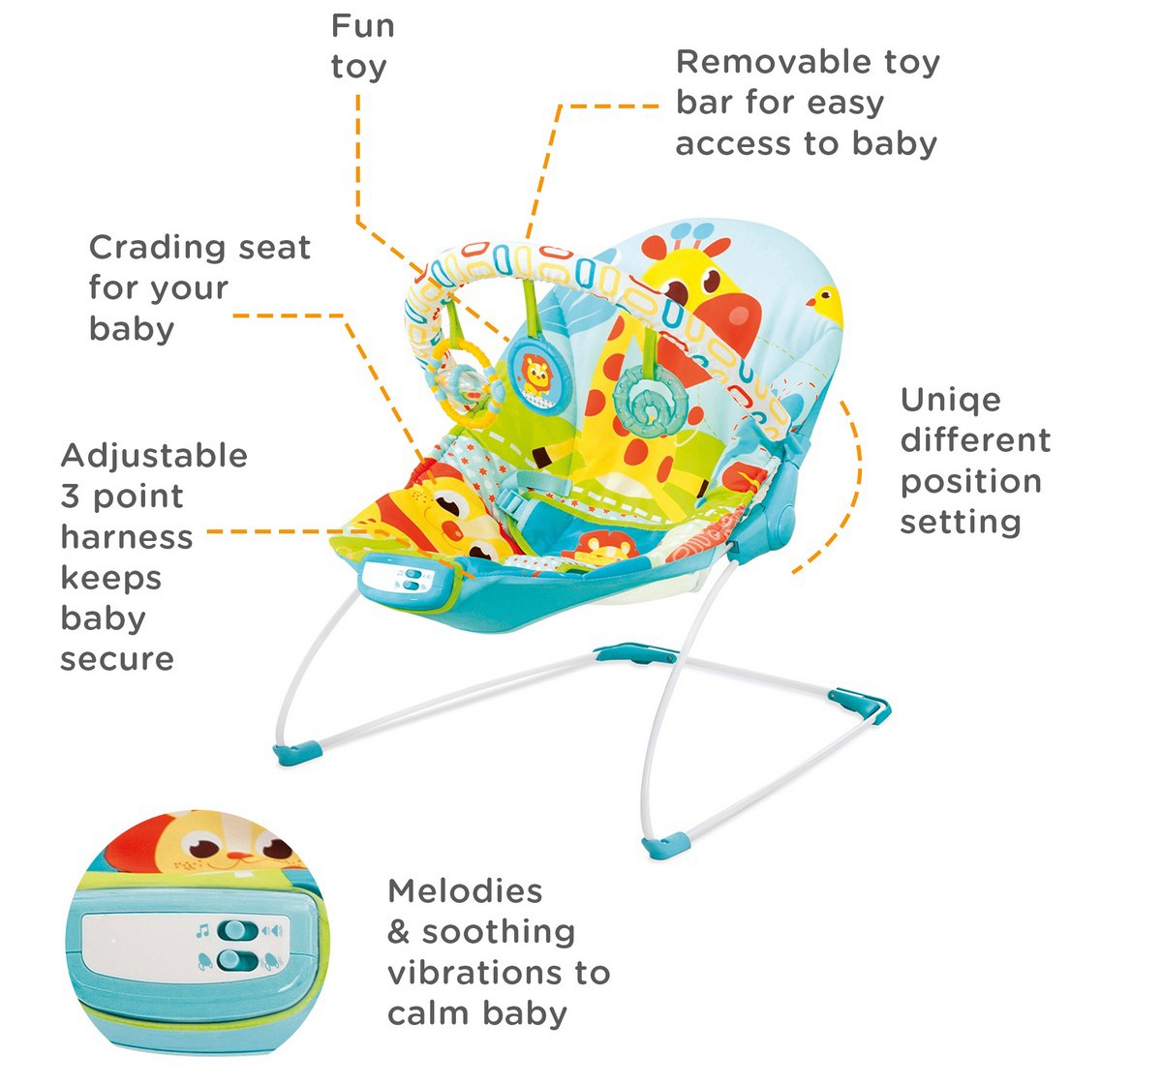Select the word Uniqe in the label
(951, 402)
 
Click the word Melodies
(465, 891)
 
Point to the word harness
(127, 537)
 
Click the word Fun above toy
(363, 26)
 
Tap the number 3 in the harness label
(70, 497)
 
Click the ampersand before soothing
(398, 932)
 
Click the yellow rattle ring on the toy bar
(466, 383)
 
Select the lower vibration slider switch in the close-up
(237, 960)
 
